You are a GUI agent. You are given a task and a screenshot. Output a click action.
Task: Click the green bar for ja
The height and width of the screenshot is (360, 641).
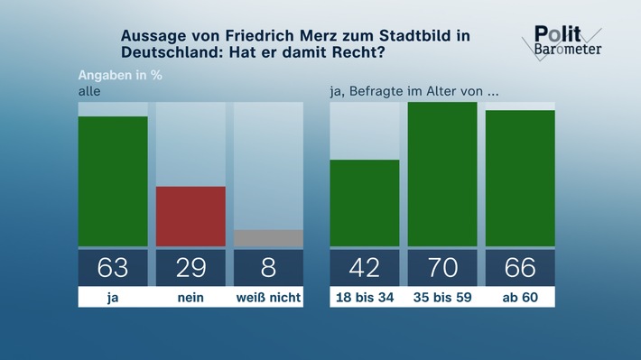pos(113,180)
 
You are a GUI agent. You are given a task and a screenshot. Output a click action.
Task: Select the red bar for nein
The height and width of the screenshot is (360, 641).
pos(190,216)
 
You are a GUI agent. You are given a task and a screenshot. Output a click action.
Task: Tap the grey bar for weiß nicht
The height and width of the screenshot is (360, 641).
pos(268,238)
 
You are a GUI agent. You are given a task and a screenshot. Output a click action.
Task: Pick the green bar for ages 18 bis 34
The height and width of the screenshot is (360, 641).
pos(364,202)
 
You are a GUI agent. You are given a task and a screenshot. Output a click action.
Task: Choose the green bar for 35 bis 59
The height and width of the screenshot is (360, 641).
pos(442,174)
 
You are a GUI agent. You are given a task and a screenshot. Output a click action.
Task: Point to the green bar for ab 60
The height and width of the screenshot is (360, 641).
pos(520,178)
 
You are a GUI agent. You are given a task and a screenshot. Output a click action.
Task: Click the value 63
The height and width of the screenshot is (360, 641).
pos(113,268)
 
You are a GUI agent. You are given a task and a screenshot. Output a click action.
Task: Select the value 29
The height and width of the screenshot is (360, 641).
pos(190,268)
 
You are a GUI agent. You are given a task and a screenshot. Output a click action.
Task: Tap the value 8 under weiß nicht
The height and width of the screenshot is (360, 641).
pos(268,268)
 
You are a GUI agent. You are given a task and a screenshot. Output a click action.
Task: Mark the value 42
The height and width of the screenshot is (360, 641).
pos(364,268)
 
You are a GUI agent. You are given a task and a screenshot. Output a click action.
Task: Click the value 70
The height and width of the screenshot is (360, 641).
pos(442,268)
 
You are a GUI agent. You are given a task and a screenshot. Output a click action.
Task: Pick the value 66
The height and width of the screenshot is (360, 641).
pos(520,268)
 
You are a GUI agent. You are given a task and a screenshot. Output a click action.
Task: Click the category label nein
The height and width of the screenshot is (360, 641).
pos(190,297)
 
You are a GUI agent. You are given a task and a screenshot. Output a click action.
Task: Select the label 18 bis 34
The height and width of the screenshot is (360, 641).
pos(364,297)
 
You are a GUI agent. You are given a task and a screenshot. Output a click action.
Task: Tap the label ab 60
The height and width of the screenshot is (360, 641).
pos(520,297)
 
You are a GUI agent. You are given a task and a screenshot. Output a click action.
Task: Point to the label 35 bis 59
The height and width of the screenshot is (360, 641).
pos(442,297)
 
